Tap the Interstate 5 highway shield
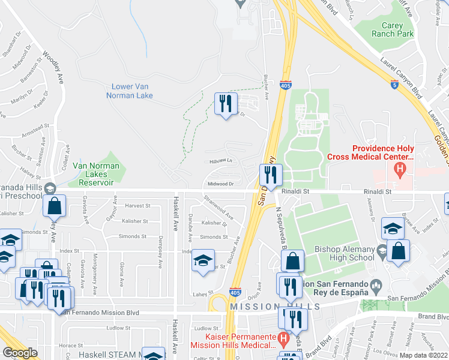tap(394, 85)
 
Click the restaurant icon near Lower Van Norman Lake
tap(226, 104)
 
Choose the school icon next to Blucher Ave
tap(203, 262)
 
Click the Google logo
tap(20, 353)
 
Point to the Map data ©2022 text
tap(423, 355)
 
